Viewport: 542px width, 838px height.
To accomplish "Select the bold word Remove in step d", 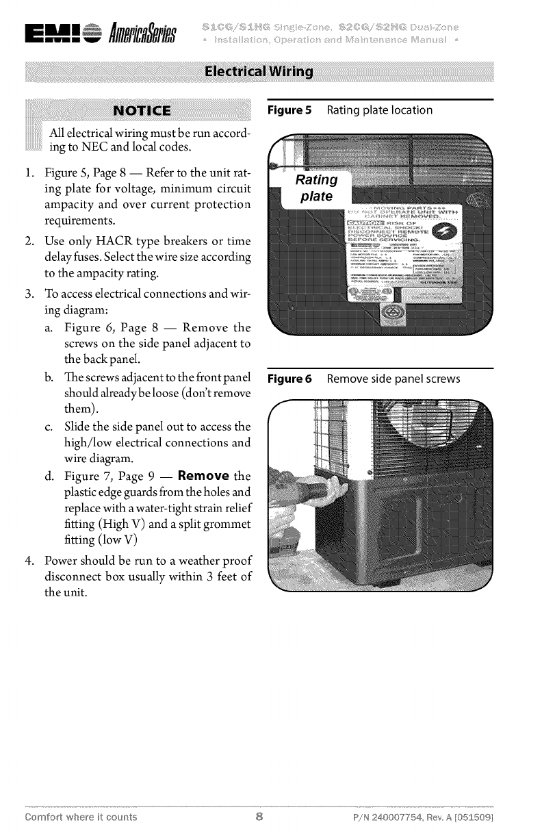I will (202, 476).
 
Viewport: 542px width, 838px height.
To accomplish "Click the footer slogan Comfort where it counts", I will (81, 817).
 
